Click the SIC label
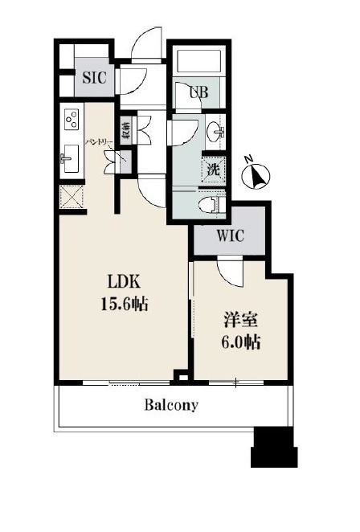pos(94,78)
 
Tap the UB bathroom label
pos(198,92)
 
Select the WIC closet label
pos(231,235)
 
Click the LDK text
pos(124,281)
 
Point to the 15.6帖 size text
pos(125,304)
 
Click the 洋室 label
pos(240,321)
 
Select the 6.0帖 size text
pos(241,342)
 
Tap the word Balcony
pos(171,405)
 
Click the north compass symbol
pos(256,174)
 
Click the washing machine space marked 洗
pos(214,169)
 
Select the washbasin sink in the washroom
pos(215,131)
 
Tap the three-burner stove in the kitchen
pos(72,119)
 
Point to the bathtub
pos(199,61)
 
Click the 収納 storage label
pos(125,131)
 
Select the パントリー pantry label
pos(99,141)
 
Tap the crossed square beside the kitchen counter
pos(72,198)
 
